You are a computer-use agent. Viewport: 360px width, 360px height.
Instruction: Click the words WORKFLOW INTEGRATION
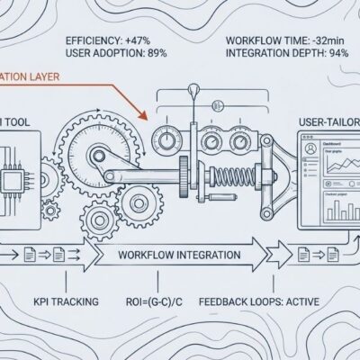point(179,255)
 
